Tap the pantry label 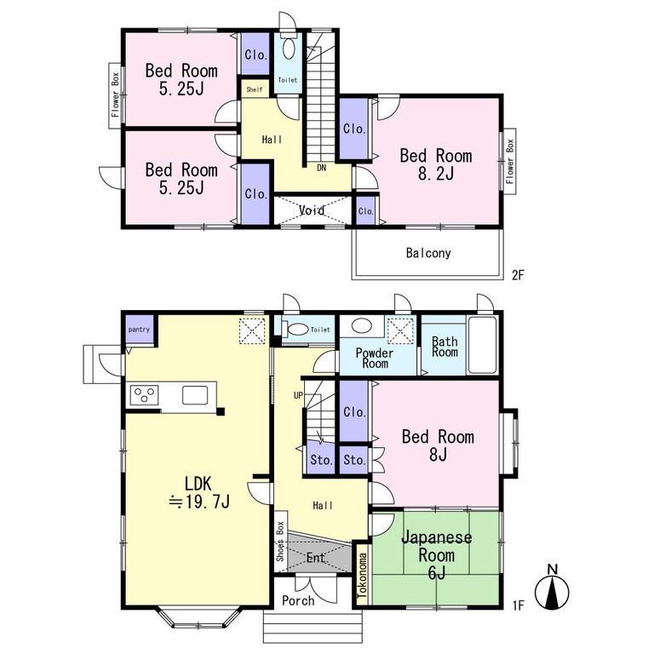click(x=139, y=330)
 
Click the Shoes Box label click(x=280, y=542)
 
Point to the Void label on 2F click(x=312, y=210)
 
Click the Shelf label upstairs click(x=255, y=89)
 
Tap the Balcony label click(x=428, y=253)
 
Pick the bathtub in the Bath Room click(x=483, y=345)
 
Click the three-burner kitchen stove click(x=144, y=395)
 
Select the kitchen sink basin click(x=195, y=395)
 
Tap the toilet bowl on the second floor click(x=288, y=49)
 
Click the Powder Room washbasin click(x=362, y=326)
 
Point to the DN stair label click(x=321, y=168)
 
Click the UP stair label click(x=298, y=395)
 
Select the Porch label click(x=298, y=600)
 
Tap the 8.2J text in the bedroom click(x=436, y=173)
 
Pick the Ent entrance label click(x=316, y=558)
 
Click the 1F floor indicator click(x=518, y=605)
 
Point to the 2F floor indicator click(x=518, y=275)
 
